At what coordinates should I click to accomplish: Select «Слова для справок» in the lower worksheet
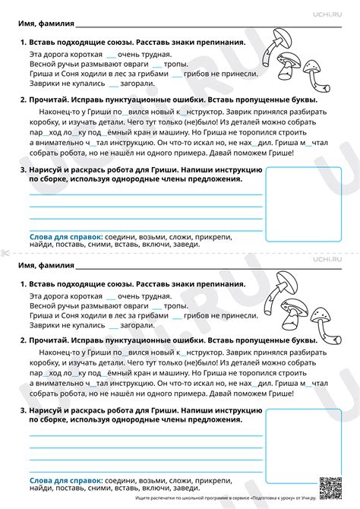(x=66, y=481)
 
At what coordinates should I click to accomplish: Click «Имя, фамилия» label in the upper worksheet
(x=46, y=24)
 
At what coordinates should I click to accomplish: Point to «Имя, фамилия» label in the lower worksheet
(x=46, y=267)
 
